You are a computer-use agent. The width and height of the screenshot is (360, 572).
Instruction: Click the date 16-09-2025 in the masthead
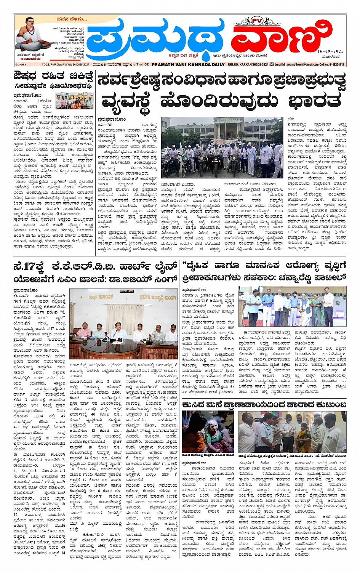click(x=330, y=51)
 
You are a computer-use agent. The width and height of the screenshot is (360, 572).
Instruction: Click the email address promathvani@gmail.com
click(x=297, y=65)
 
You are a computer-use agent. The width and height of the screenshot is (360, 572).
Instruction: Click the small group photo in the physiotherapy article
click(x=74, y=100)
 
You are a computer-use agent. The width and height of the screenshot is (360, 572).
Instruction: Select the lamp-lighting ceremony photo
click(x=292, y=306)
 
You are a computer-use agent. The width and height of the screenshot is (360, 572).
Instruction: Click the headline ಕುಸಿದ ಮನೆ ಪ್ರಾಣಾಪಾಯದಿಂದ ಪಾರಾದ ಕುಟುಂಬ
click(x=264, y=404)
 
